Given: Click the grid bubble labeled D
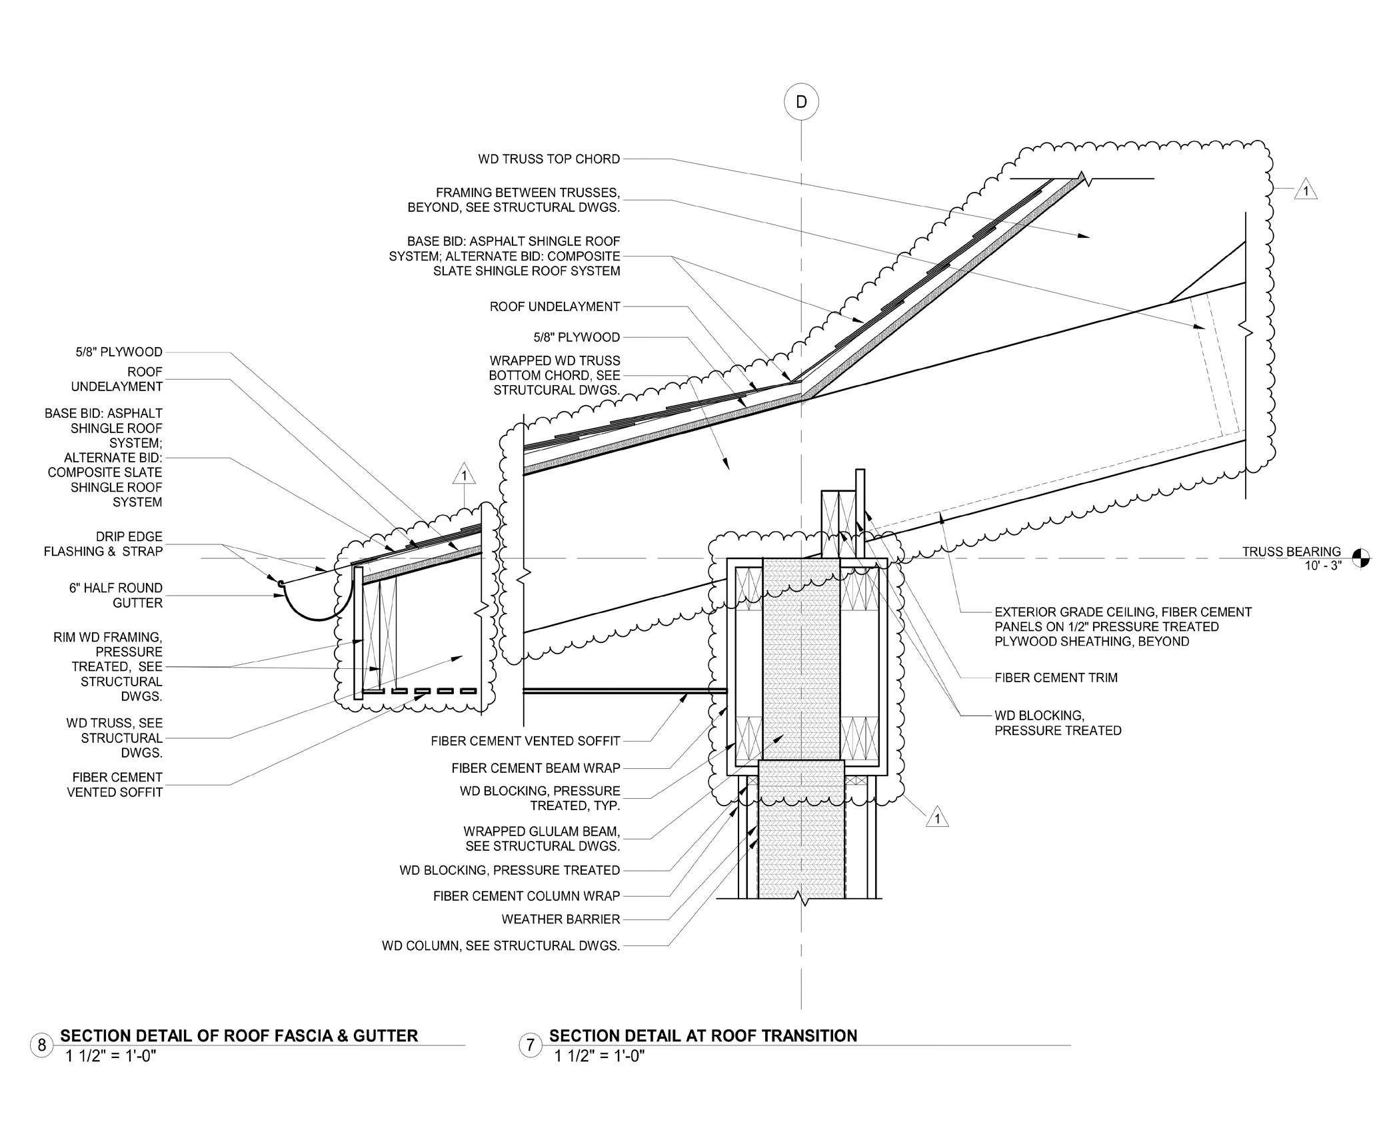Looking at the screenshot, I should (800, 101).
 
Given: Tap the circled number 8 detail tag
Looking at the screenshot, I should (41, 1044).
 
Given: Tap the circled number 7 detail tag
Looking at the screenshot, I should (530, 1044).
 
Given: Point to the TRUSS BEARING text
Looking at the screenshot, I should (1290, 552).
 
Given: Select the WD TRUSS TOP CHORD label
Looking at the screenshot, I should (549, 159).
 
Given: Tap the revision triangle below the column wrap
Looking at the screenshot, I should (937, 818).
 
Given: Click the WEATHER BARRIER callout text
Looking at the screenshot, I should (561, 919).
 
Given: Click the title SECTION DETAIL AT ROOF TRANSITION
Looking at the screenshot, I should (702, 1035).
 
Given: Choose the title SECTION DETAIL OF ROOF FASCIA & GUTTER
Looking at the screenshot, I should (239, 1035).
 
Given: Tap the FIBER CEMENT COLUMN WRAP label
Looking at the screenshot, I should (526, 896).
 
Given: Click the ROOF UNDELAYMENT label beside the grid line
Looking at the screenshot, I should (555, 306).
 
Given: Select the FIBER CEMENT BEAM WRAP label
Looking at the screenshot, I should (535, 768).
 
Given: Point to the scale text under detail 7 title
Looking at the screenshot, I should (599, 1055).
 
